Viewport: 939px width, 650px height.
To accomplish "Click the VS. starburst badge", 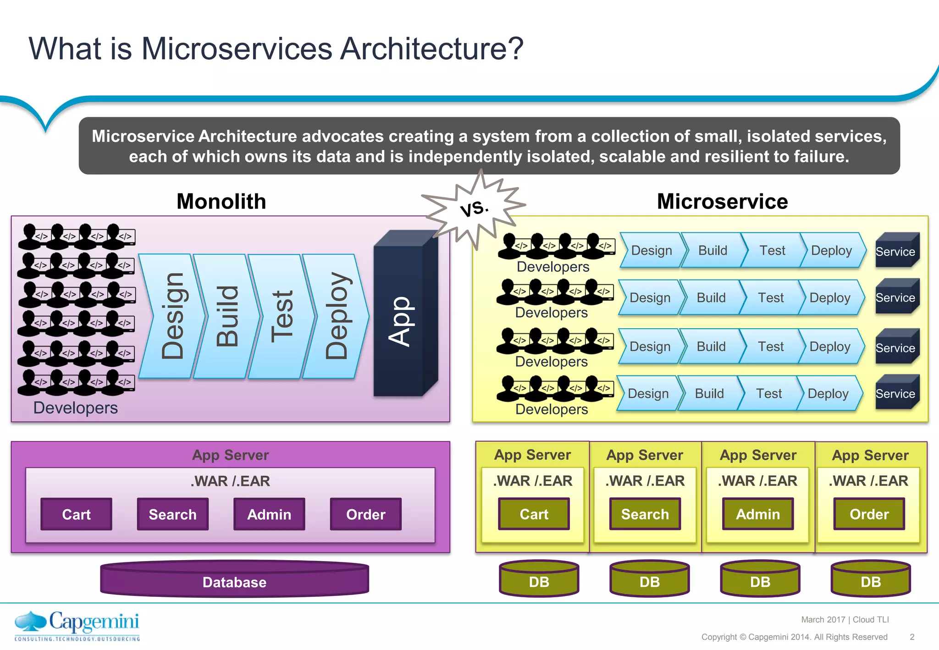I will tap(475, 209).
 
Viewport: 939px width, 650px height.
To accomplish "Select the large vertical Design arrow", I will tap(172, 316).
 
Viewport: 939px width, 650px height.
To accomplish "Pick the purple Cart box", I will tap(76, 514).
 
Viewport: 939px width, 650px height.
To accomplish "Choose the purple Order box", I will tap(365, 514).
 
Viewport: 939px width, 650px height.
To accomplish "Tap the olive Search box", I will tap(645, 514).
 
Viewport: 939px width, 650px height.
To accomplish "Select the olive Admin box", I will tap(757, 514).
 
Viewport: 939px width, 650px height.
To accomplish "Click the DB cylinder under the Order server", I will tap(870, 580).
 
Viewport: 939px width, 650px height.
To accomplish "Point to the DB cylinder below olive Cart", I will tap(539, 580).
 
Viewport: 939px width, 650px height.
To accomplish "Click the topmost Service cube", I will tap(896, 251).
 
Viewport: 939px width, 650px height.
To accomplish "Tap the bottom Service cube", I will tap(896, 393).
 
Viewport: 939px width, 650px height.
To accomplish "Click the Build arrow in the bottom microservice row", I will tap(709, 393).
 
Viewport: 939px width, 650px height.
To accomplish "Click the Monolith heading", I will tap(221, 202).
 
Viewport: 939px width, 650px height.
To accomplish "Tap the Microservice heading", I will tap(722, 202).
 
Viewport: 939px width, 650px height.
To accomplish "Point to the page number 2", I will tap(912, 637).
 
